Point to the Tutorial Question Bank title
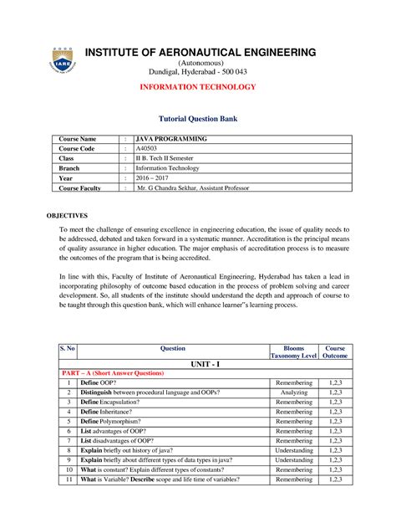[x=198, y=120]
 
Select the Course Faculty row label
[x=79, y=188]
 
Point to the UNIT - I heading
[x=202, y=366]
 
